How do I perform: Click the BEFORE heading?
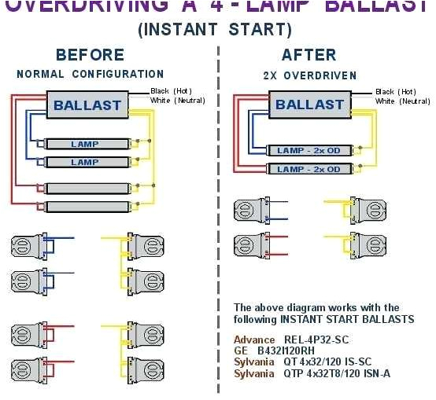click(x=90, y=55)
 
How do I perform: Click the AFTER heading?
click(x=310, y=55)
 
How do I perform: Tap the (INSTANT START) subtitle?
click(x=215, y=31)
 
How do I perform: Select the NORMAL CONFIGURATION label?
click(x=90, y=75)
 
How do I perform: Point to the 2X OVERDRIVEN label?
click(x=309, y=75)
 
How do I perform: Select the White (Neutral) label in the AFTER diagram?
click(x=397, y=101)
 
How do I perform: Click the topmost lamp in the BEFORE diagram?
click(x=85, y=144)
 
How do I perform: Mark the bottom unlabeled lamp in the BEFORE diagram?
click(x=85, y=207)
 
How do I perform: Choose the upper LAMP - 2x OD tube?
click(x=309, y=150)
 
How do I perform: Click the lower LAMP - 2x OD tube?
click(x=309, y=169)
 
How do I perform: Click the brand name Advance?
click(x=254, y=340)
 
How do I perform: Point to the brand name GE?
click(x=241, y=351)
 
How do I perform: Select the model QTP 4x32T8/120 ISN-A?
click(x=337, y=374)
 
